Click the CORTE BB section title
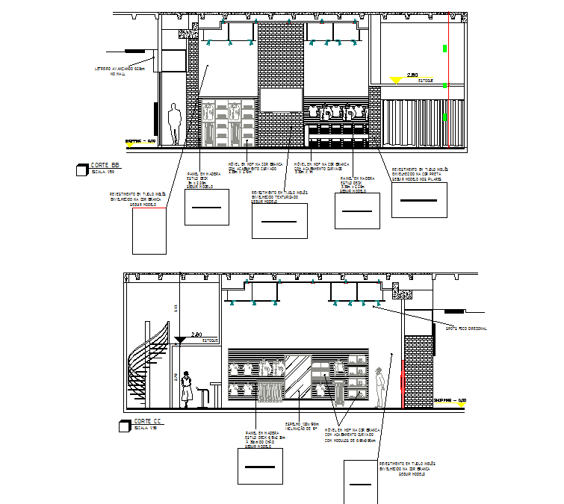pos(105,165)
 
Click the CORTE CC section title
pos(148,422)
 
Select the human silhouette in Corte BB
pos(175,124)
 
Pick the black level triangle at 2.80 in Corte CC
pos(180,341)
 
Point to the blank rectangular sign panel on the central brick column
pos(281,99)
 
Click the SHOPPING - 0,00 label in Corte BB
pos(140,141)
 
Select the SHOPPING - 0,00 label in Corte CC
pos(450,402)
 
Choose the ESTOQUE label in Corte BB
pos(425,80)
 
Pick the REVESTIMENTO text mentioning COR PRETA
pos(419,174)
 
